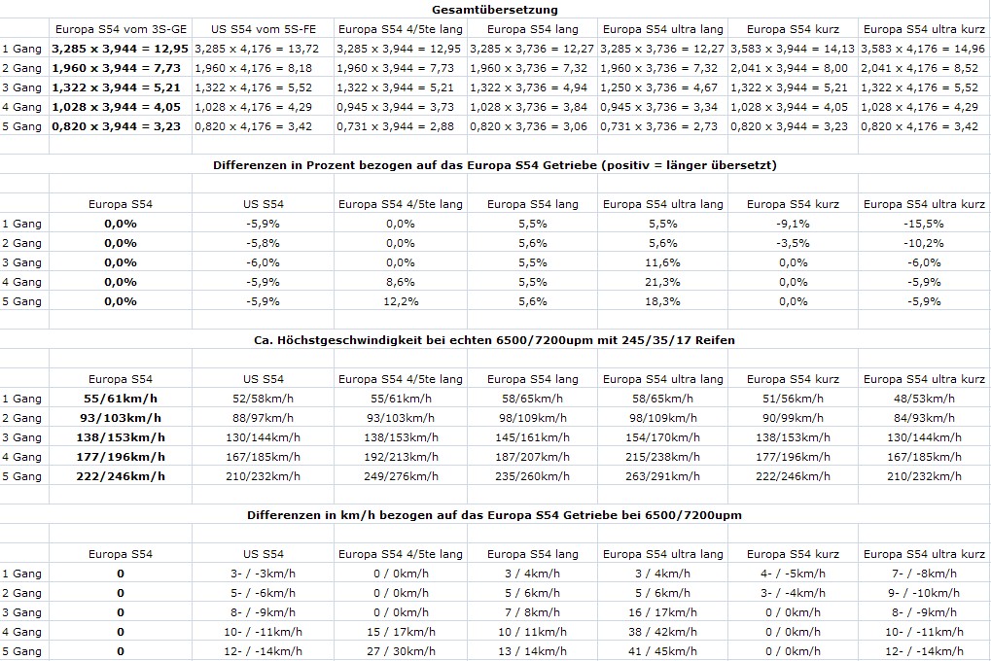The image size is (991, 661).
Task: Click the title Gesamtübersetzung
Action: pos(495,10)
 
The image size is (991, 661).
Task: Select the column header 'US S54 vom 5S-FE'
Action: pos(264,29)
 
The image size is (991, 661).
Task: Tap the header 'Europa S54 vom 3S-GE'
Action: pos(121,29)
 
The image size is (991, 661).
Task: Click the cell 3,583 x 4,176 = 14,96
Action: pos(924,49)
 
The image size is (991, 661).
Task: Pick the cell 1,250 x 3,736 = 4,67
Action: pos(662,87)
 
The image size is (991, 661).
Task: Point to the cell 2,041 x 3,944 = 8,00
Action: pos(793,68)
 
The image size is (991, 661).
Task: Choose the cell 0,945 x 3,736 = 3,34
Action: pos(662,107)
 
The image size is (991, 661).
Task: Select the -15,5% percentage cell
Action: pos(924,224)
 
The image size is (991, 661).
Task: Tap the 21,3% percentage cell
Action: pos(662,282)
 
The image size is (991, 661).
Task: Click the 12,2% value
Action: pos(401,301)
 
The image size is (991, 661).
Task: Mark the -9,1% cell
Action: pos(793,224)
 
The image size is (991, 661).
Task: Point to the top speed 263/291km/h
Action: pos(662,476)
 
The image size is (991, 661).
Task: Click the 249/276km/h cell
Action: pos(401,476)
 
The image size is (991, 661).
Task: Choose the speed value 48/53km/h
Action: pos(924,399)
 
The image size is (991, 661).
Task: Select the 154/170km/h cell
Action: pos(662,437)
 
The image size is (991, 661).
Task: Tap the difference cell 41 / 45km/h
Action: pos(662,651)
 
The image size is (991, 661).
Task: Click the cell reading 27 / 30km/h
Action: pos(401,651)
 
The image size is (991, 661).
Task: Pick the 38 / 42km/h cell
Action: pos(662,632)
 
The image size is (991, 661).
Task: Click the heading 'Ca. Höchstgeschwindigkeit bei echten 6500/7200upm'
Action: pos(495,340)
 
